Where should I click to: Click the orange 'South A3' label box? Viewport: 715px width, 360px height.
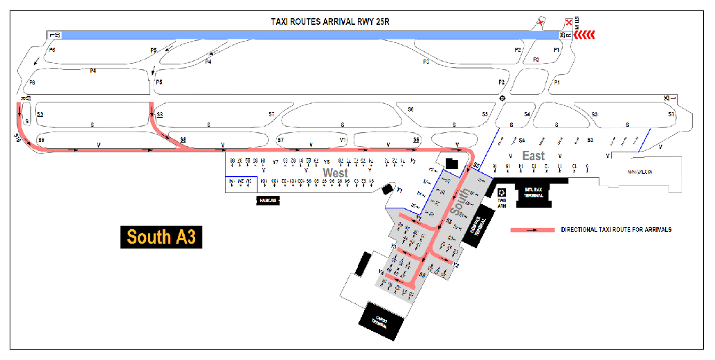[161, 237]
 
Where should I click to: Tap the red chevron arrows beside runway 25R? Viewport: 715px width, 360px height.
[585, 34]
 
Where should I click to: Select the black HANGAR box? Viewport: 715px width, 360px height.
[267, 200]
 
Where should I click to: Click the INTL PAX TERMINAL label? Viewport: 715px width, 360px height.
[534, 194]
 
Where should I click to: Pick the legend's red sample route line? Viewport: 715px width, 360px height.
[532, 229]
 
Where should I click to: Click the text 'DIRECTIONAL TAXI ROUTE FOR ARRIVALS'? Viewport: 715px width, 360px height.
[616, 229]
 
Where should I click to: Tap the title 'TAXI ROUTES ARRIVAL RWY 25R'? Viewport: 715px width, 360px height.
[333, 21]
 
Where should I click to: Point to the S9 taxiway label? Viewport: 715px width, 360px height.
[41, 141]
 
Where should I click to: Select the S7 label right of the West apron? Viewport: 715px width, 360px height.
[280, 140]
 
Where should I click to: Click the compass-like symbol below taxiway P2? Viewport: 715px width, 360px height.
[503, 98]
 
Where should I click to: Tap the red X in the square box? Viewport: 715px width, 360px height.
[569, 23]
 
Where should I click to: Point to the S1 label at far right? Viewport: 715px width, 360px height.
[670, 114]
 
